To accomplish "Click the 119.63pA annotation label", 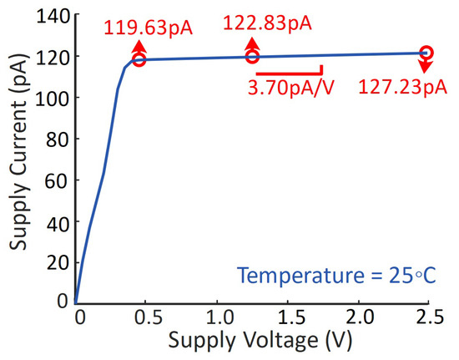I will coord(148,28).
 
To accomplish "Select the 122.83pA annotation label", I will coord(267,23).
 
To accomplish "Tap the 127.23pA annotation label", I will coord(401,88).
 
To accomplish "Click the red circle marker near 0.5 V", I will coord(139,59).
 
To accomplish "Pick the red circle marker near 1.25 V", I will coord(252,56).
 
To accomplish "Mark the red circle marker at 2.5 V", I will coord(426,53).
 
